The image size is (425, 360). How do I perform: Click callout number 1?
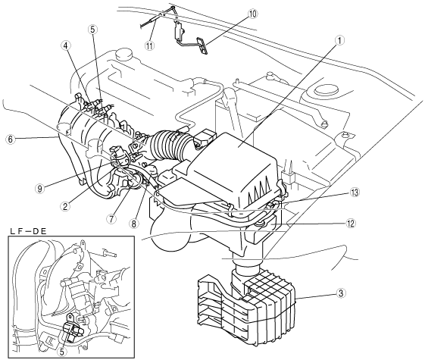point(339,41)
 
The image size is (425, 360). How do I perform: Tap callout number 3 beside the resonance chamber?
point(340,293)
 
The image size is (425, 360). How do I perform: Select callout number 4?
point(66,45)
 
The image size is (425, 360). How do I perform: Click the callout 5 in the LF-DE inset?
point(62,352)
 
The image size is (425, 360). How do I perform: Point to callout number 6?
point(10,139)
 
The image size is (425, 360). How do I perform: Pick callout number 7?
point(111,219)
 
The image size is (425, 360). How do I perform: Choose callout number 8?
point(134,224)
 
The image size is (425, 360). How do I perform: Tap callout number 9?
point(40,189)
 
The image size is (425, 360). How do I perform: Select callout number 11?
point(149,45)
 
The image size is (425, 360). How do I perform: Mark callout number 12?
point(351,224)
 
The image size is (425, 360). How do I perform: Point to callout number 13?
point(355,193)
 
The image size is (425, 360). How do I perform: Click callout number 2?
point(65,207)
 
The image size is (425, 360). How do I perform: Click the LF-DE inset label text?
point(28,231)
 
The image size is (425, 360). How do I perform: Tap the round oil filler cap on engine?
point(123,55)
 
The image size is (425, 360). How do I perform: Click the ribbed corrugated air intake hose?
point(169,144)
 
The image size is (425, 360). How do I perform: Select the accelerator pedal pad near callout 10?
point(202,45)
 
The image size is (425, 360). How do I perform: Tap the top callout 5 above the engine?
point(92,30)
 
